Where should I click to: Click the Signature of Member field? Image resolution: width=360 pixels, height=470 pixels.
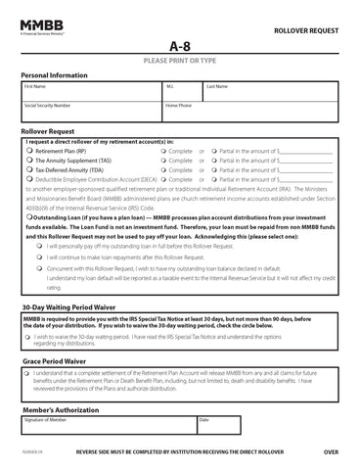pos(108,425)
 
